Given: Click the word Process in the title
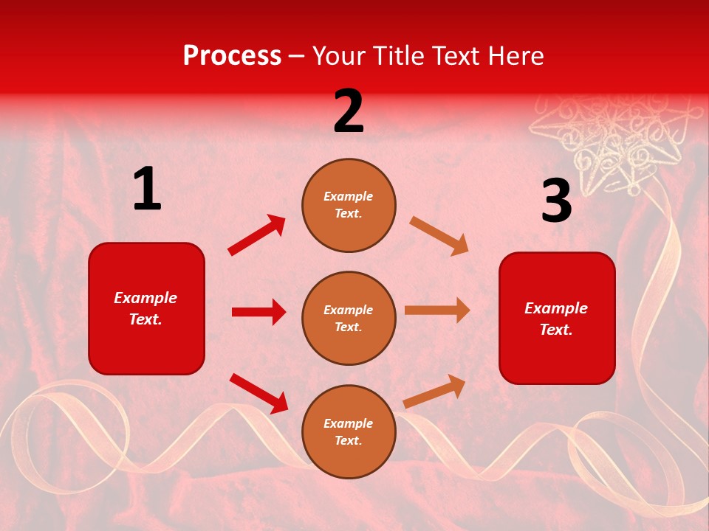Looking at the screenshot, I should pyautogui.click(x=232, y=56).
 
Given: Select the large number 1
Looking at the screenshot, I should pyautogui.click(x=146, y=190).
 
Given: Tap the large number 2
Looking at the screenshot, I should pyautogui.click(x=349, y=112).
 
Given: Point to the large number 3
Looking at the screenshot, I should pyautogui.click(x=556, y=201).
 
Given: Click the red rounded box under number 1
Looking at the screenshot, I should pyautogui.click(x=146, y=308).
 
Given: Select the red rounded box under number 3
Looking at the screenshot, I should pyautogui.click(x=557, y=319).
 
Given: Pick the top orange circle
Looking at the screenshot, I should pyautogui.click(x=349, y=205).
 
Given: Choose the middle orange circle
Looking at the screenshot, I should pyautogui.click(x=349, y=319).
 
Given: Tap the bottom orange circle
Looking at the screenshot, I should pyautogui.click(x=349, y=432).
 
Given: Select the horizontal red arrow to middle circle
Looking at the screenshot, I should pyautogui.click(x=258, y=312).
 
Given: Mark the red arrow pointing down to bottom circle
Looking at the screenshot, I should pyautogui.click(x=258, y=393).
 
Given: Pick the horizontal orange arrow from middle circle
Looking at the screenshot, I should pyautogui.click(x=437, y=310).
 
